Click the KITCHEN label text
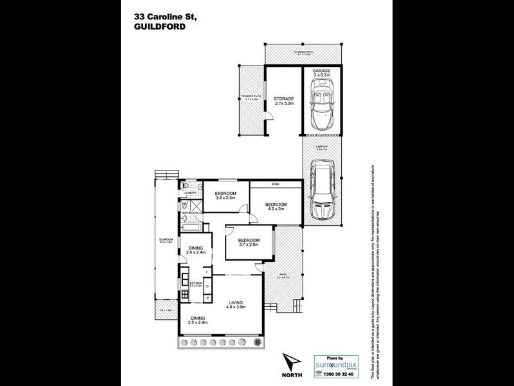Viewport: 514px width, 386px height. pyautogui.click(x=196, y=282)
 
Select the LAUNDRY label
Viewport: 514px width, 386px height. pyautogui.click(x=190, y=192)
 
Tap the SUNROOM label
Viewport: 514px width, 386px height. pyautogui.click(x=166, y=241)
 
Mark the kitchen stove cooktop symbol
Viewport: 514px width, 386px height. pyautogui.click(x=185, y=295)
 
